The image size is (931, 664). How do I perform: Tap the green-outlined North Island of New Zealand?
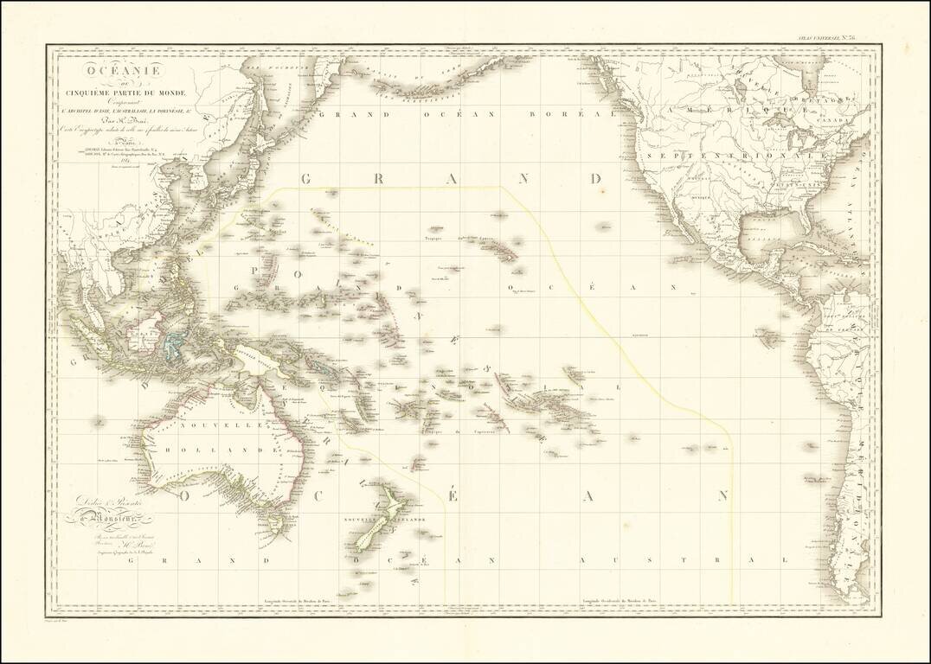tap(395, 504)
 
